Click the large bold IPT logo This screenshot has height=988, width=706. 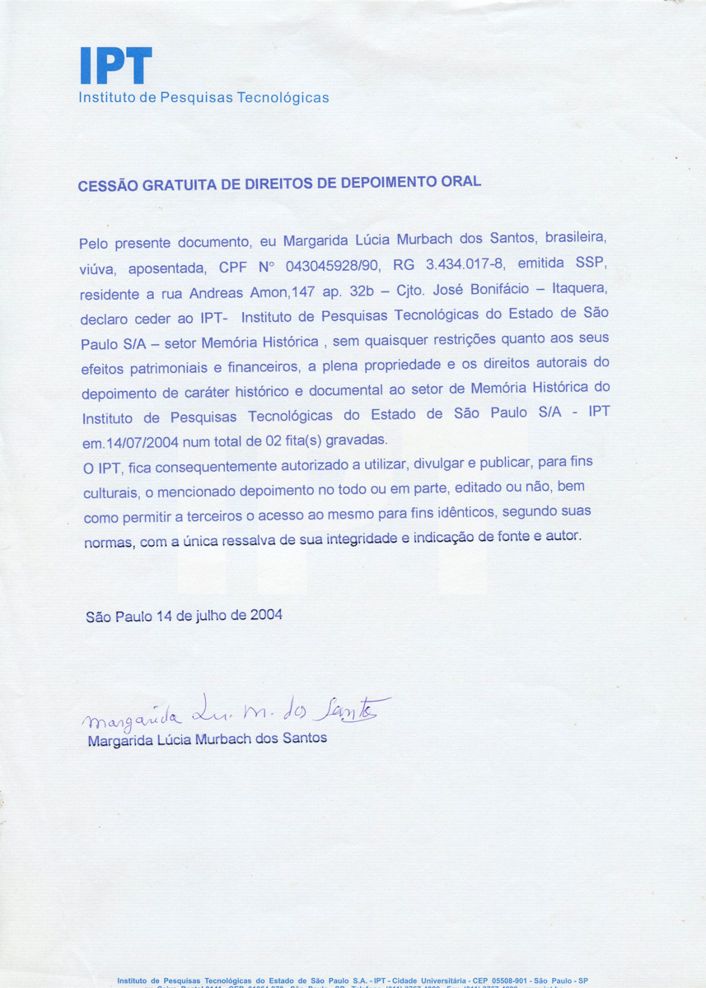tap(116, 66)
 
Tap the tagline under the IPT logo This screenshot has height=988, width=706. tap(203, 98)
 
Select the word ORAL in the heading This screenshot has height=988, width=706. tap(460, 179)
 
